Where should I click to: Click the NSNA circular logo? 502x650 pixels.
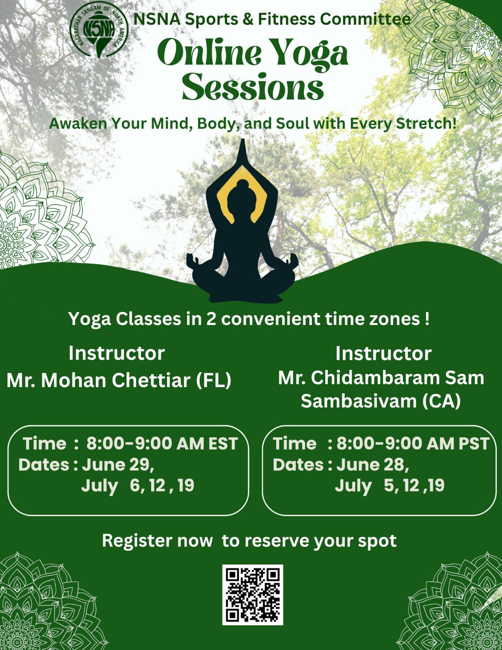click(99, 29)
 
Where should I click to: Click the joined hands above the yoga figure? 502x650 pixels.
click(242, 153)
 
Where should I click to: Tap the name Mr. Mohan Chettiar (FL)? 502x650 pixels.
click(119, 381)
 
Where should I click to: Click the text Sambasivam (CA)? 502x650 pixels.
click(381, 401)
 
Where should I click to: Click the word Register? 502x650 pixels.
click(138, 541)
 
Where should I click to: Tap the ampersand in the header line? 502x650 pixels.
click(248, 19)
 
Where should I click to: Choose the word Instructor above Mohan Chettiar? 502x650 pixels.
click(117, 353)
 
